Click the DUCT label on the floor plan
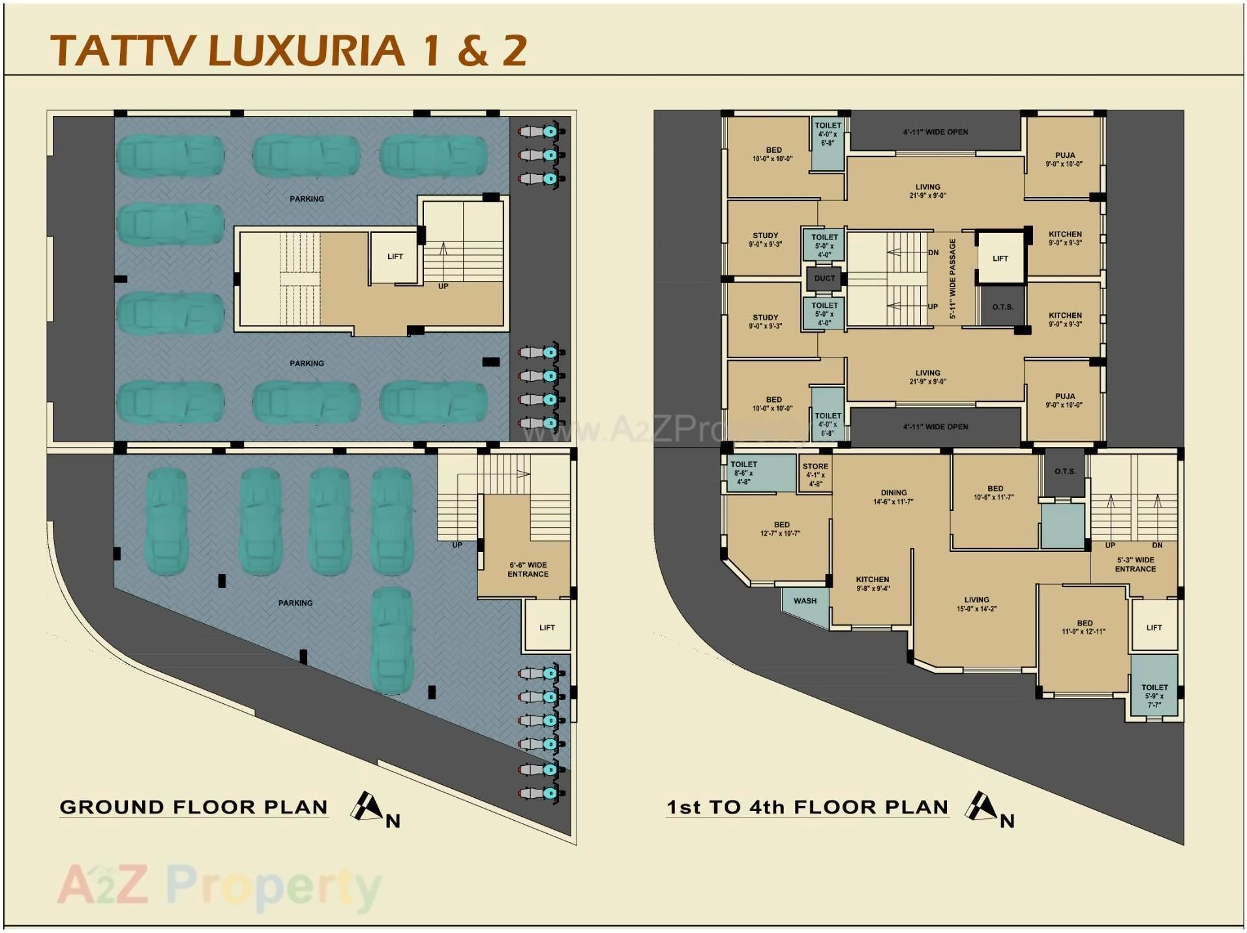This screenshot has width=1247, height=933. (824, 279)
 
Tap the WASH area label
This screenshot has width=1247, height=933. (805, 601)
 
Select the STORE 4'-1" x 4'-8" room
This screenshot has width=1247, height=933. (815, 475)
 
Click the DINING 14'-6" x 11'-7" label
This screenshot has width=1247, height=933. (893, 497)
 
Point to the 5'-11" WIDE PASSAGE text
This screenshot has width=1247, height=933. (952, 279)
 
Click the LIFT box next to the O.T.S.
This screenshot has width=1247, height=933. (1000, 258)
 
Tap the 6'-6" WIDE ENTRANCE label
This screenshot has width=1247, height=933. (528, 570)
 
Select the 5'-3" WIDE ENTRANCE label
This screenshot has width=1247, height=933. (1135, 564)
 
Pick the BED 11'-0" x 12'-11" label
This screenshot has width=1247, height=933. (1084, 627)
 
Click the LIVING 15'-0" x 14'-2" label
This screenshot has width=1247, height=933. (976, 604)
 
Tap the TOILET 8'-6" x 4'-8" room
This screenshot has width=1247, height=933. (744, 473)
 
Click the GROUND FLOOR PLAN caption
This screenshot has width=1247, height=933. (194, 807)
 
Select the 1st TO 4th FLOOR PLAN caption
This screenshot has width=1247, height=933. (807, 807)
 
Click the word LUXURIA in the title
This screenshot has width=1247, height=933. (306, 51)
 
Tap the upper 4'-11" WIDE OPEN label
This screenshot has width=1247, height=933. (935, 132)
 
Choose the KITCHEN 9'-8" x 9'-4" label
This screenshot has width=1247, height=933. (872, 583)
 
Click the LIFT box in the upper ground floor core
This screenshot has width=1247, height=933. (395, 257)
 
